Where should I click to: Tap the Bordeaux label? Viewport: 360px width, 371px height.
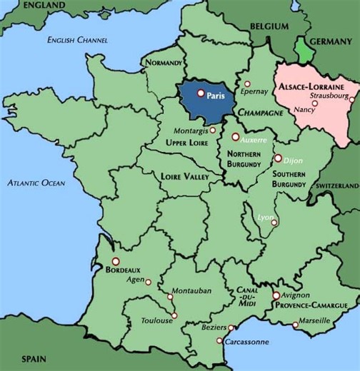pyautogui.click(x=123, y=270)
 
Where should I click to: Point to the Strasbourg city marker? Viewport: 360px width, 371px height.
pyautogui.click(x=351, y=99)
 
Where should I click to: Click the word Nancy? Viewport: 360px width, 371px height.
pyautogui.click(x=304, y=110)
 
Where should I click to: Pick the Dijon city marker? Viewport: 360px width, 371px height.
pyautogui.click(x=277, y=158)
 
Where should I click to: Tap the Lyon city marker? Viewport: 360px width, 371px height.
pyautogui.click(x=274, y=223)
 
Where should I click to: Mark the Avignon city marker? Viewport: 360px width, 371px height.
pyautogui.click(x=276, y=295)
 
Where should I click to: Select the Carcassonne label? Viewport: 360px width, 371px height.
pyautogui.click(x=247, y=342)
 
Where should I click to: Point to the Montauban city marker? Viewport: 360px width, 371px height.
pyautogui.click(x=169, y=297)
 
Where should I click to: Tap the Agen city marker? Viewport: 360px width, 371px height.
pyautogui.click(x=148, y=282)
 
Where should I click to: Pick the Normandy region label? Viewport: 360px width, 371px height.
pyautogui.click(x=164, y=63)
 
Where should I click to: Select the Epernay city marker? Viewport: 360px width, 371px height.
pyautogui.click(x=246, y=83)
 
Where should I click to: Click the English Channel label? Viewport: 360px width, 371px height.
pyautogui.click(x=76, y=39)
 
